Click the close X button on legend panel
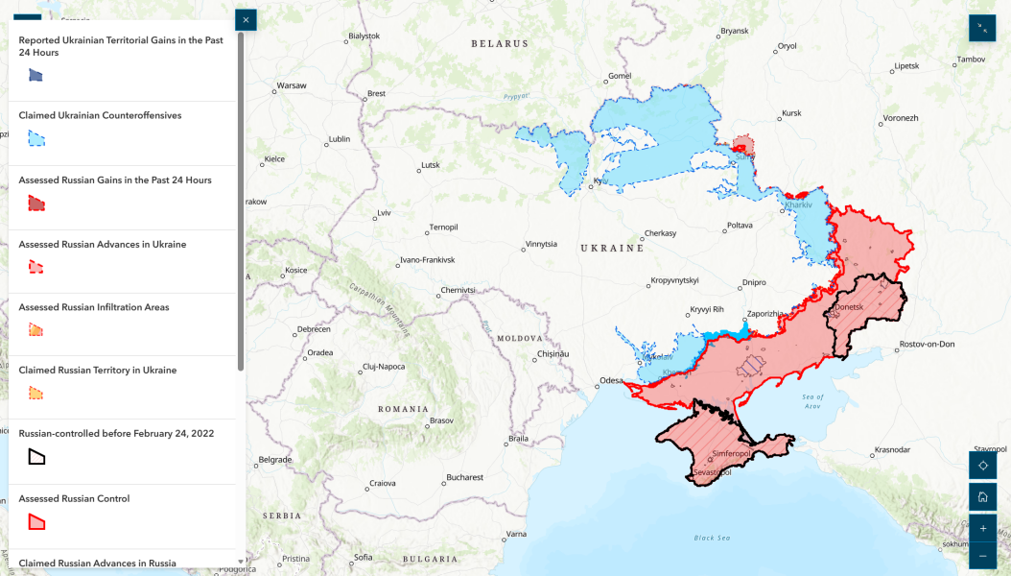(x=246, y=20)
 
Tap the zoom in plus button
(x=982, y=529)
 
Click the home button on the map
(x=982, y=497)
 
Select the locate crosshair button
(x=982, y=466)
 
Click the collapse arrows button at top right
(x=982, y=28)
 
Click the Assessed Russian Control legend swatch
(x=36, y=522)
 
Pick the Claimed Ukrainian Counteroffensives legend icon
(x=36, y=138)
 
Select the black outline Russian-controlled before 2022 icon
(x=36, y=457)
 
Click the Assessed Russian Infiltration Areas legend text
(x=94, y=307)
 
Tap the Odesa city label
(x=611, y=381)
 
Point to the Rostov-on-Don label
(x=927, y=344)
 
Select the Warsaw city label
(x=291, y=85)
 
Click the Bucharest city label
(x=464, y=477)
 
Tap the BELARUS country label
(x=500, y=44)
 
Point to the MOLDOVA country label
(x=519, y=339)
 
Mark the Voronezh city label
(x=900, y=118)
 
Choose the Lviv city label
(x=384, y=212)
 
